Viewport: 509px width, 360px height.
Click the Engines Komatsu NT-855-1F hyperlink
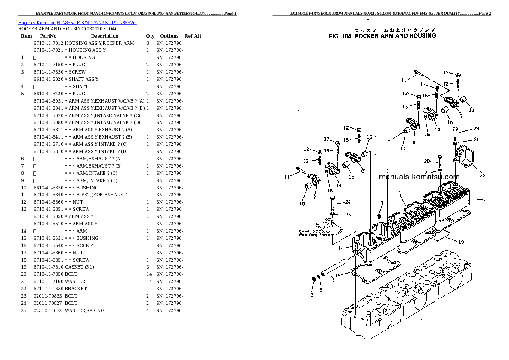click(x=77, y=22)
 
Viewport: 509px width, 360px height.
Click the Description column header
click(x=104, y=36)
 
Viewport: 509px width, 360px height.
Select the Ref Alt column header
click(x=192, y=36)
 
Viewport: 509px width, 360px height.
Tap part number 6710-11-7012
click(x=48, y=43)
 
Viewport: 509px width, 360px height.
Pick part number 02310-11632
click(x=48, y=310)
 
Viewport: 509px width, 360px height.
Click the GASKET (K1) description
click(x=79, y=267)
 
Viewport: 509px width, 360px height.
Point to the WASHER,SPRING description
click(x=84, y=310)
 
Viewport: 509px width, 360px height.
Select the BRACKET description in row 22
click(x=76, y=289)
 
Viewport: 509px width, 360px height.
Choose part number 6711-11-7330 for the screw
click(x=48, y=72)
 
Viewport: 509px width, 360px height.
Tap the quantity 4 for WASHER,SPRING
click(x=148, y=310)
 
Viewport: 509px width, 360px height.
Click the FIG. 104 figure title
click(x=382, y=36)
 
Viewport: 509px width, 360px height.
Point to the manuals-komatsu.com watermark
click(x=419, y=177)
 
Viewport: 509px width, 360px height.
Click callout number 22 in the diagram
click(x=482, y=175)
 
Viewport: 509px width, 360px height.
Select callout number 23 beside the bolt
click(x=476, y=129)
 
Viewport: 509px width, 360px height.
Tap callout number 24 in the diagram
click(x=348, y=202)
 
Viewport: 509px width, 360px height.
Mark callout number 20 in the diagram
click(x=426, y=161)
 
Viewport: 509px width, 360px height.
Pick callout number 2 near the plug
click(x=311, y=295)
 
